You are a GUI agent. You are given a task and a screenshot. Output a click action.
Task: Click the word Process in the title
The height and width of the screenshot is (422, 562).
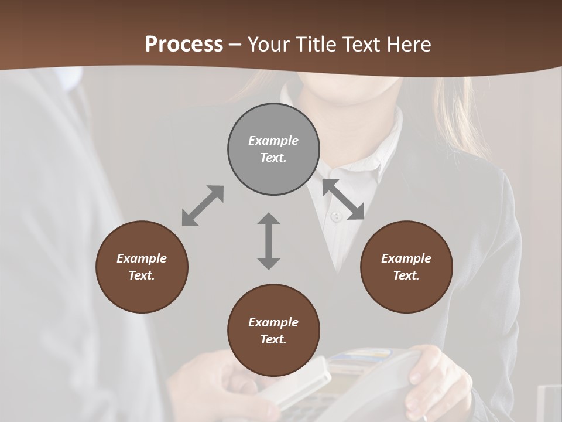[184, 44]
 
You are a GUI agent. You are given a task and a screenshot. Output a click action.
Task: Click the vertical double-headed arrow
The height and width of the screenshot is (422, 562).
[269, 241]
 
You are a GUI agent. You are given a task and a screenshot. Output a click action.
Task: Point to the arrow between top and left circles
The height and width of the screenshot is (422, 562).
[203, 206]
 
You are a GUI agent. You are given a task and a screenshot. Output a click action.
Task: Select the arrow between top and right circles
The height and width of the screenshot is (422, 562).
[344, 199]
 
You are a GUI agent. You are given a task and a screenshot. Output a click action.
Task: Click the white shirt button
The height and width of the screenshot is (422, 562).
[335, 217]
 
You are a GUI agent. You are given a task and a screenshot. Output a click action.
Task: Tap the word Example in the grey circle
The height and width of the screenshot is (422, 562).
[273, 141]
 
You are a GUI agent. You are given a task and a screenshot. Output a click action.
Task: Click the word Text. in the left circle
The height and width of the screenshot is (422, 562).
[142, 275]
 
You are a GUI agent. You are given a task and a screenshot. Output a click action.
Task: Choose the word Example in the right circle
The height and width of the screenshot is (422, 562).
[406, 258]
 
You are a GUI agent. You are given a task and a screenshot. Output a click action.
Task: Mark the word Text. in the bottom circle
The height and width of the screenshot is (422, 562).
[273, 339]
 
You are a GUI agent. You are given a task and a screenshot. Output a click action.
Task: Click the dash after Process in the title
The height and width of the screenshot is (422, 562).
[235, 44]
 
